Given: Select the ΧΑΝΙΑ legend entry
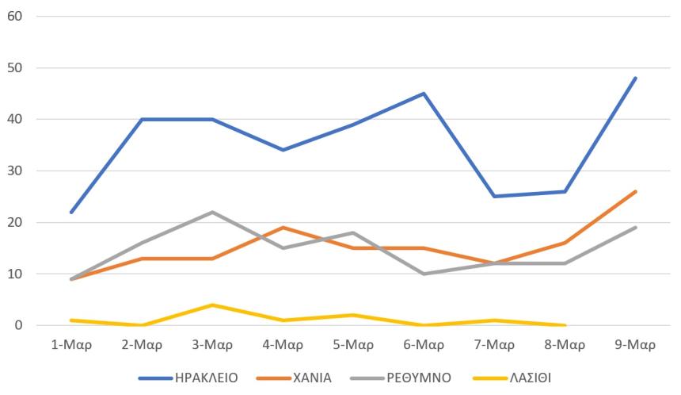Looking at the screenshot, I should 313,378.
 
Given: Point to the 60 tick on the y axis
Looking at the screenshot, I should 15,16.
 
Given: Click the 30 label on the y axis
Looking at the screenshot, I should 15,171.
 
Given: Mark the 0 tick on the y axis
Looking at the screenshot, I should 18,325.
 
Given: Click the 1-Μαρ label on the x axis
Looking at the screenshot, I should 72,345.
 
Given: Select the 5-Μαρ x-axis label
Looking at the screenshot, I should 353,345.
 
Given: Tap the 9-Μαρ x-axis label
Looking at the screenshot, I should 635,345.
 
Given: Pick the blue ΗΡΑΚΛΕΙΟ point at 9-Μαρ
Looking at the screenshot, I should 635,78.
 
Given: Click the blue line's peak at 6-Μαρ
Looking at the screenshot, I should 424,94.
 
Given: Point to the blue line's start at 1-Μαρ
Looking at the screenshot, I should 72,212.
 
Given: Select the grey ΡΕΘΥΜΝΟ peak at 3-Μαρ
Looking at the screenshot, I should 213,212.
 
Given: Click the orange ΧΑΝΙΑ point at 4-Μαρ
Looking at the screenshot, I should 283,228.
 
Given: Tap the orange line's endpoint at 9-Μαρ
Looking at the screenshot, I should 635,191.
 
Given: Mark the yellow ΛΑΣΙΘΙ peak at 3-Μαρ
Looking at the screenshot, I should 213,305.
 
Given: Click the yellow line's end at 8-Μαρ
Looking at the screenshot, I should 565,325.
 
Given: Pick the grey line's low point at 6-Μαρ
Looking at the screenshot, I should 424,274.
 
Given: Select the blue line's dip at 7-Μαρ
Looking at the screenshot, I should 494,197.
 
